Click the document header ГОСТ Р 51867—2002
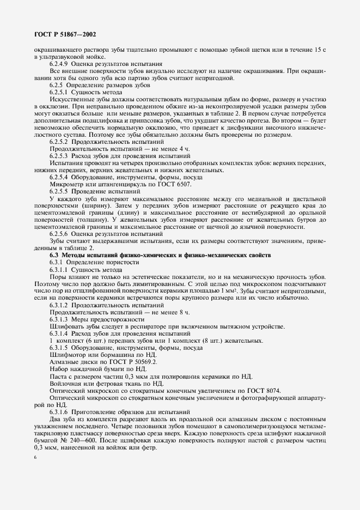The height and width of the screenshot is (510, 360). [57, 34]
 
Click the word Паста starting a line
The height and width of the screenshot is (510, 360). [59, 376]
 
